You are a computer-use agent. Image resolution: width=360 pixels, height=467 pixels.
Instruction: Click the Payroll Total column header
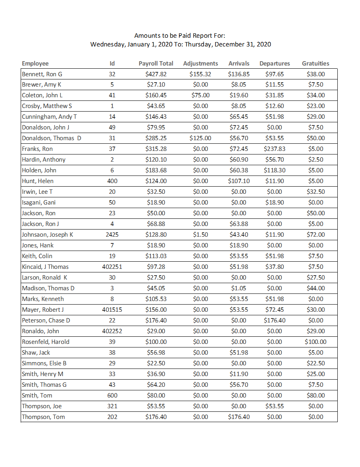click(x=156, y=64)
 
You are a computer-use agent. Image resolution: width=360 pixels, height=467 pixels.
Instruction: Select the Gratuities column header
click(x=315, y=64)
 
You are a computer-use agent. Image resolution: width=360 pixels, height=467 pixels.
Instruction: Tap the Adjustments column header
click(x=200, y=64)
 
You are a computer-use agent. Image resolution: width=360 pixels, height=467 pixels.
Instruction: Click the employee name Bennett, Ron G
click(x=42, y=74)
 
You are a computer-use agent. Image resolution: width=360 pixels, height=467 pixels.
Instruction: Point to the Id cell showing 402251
click(x=112, y=267)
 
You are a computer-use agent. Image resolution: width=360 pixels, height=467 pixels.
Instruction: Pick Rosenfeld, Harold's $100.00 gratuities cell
click(x=315, y=342)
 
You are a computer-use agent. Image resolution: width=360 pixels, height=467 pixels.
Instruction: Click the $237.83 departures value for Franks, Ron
click(x=274, y=149)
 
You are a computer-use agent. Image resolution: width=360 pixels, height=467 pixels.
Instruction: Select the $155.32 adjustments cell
click(x=200, y=74)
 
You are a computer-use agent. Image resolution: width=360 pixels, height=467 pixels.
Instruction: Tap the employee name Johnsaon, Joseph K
click(x=47, y=235)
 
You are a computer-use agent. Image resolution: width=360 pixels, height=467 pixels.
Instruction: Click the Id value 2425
click(x=112, y=235)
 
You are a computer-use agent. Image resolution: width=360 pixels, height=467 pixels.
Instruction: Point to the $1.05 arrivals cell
click(x=239, y=288)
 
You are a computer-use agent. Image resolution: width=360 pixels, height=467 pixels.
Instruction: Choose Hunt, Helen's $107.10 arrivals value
click(x=239, y=181)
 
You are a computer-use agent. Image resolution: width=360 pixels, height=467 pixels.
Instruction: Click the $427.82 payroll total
click(x=156, y=74)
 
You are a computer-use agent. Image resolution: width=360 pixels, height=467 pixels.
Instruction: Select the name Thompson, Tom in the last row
click(x=43, y=417)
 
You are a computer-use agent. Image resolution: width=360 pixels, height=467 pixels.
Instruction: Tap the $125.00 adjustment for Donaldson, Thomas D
click(x=200, y=138)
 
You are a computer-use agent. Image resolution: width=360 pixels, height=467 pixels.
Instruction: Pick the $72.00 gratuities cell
click(x=315, y=235)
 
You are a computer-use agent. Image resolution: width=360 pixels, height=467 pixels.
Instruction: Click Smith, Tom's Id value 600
click(x=112, y=396)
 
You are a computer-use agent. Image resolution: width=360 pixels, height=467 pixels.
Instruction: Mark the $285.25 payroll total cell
click(x=156, y=138)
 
